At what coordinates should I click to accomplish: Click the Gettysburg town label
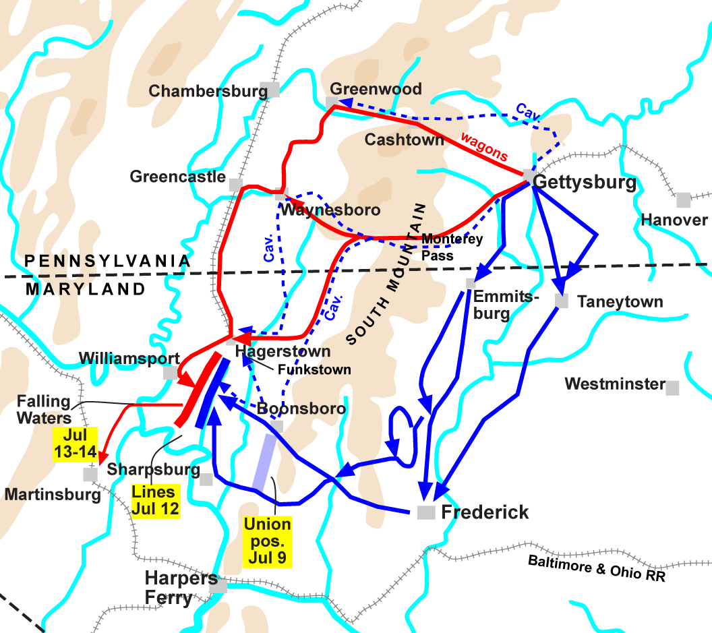(x=585, y=183)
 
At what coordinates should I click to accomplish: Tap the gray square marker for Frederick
(x=426, y=512)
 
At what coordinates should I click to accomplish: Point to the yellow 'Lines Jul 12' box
(x=156, y=500)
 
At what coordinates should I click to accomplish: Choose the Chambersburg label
(x=208, y=91)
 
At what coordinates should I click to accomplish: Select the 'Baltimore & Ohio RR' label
(x=596, y=568)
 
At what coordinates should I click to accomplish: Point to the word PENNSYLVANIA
(x=107, y=260)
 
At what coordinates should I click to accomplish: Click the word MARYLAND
(x=86, y=289)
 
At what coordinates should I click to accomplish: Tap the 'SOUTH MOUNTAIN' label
(x=386, y=273)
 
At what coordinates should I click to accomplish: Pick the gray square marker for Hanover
(x=684, y=200)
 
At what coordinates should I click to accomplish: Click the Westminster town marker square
(x=672, y=387)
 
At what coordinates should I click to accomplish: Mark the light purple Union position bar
(x=264, y=462)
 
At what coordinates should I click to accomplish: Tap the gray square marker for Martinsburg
(x=90, y=474)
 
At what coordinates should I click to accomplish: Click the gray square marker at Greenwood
(x=332, y=102)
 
